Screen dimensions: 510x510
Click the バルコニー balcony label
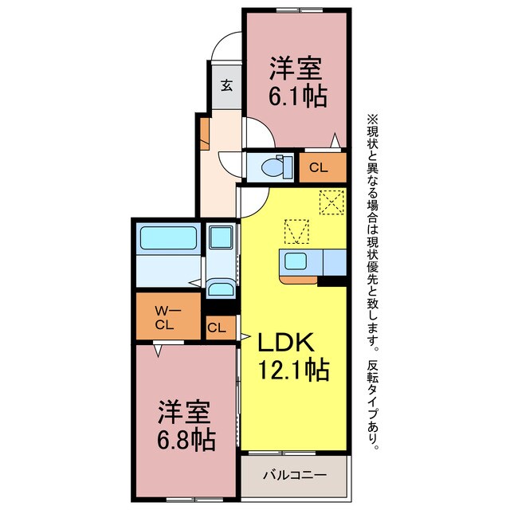(x=294, y=476)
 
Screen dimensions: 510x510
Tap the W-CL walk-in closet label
(x=165, y=317)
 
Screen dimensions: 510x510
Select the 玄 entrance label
(x=226, y=85)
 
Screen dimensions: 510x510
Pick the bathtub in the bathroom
(x=169, y=238)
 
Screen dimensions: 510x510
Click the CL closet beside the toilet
(x=318, y=167)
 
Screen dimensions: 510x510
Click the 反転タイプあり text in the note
(x=374, y=406)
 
